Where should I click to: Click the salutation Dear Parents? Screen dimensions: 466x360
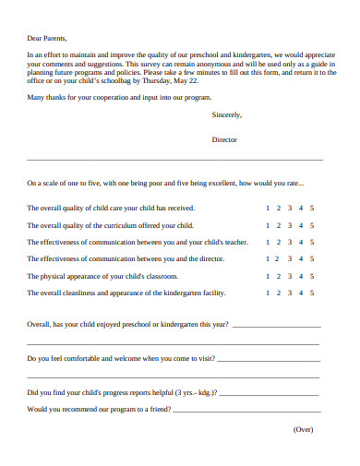tap(48, 39)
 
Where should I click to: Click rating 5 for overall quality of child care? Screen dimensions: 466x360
tap(312, 209)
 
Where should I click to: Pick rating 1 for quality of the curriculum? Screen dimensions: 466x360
tap(268, 225)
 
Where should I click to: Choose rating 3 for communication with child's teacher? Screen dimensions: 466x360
tap(290, 242)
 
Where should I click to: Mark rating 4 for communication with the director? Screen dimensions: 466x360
tap(301, 259)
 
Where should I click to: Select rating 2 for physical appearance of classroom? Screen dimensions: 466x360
tap(279, 276)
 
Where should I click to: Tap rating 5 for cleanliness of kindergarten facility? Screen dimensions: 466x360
tap(312, 293)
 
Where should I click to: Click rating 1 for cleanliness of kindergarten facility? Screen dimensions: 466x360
tap(268, 293)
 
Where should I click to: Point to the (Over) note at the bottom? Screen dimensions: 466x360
tap(304, 429)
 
